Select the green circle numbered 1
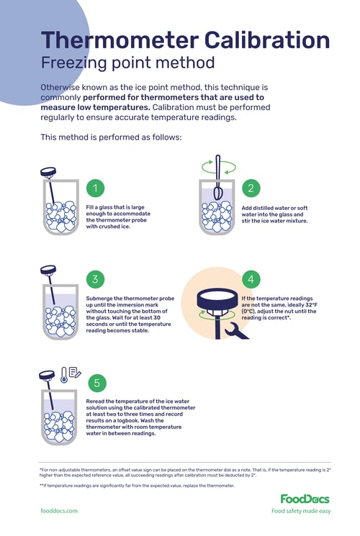95,188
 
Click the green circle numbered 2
251,188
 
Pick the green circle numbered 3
95,278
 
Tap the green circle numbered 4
251,278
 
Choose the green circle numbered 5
95,383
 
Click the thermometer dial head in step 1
49,172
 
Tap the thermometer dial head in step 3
49,271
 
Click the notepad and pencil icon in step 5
75,372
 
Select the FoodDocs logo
305,499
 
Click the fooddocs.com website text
59,511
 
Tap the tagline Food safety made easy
301,511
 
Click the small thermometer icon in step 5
63,373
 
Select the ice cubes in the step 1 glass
57,216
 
